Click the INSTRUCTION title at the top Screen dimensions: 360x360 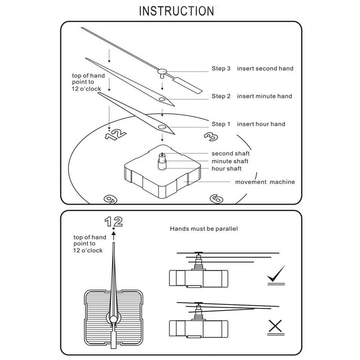pos(176,11)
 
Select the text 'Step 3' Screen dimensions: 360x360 pos(221,68)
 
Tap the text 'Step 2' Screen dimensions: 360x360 pos(221,96)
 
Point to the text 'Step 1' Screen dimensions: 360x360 pos(221,124)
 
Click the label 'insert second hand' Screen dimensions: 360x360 pos(265,68)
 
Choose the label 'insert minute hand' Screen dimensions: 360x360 pos(264,96)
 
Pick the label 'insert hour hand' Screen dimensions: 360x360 pos(261,124)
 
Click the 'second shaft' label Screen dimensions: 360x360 pos(231,154)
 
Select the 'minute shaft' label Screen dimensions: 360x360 pos(230,161)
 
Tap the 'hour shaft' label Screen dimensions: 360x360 pos(227,169)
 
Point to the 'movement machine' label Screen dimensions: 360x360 pos(265,182)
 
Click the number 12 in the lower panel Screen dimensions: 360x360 pos(114,222)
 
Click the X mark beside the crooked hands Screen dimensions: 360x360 pos(275,327)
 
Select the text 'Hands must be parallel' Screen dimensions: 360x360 pos(204,229)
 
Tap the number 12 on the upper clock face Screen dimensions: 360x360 pos(115,135)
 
